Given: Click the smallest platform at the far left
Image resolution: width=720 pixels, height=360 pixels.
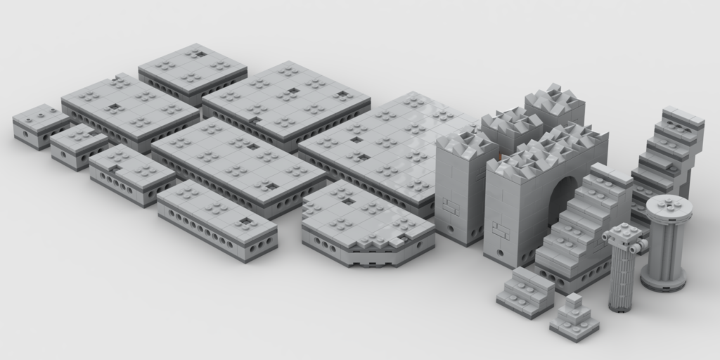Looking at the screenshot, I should click(40, 124).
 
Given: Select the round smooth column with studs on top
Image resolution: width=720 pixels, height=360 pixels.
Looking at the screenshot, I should click(665, 243).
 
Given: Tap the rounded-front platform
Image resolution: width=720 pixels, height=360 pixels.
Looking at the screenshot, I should click(366, 225).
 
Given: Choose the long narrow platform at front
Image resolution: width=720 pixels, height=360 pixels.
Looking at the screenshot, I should click(217, 219).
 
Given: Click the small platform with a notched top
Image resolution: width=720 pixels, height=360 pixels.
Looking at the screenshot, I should click(131, 174).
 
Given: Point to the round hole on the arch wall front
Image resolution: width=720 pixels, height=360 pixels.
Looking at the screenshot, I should click(500, 252).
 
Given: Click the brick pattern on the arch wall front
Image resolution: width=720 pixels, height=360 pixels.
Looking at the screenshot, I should click(501, 230).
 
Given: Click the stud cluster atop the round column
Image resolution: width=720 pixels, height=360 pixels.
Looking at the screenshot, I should click(669, 205).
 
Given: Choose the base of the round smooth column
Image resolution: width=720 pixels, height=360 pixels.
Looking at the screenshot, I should click(663, 283).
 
